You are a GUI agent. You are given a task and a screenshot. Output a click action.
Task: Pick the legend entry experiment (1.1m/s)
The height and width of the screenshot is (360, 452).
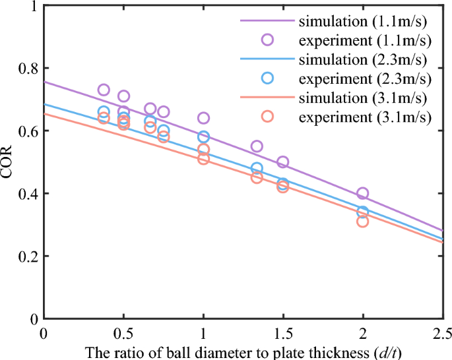[365, 40]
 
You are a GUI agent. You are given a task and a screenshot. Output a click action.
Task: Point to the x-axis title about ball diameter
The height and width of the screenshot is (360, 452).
[242, 352]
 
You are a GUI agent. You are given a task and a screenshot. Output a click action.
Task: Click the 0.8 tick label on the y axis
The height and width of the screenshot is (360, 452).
[27, 69]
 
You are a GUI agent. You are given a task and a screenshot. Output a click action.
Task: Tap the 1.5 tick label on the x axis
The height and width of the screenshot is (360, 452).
[283, 330]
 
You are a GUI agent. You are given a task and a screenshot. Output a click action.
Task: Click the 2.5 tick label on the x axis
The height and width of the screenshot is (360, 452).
[443, 330]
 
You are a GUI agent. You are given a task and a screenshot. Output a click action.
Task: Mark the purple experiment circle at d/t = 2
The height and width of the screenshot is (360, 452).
[362, 193]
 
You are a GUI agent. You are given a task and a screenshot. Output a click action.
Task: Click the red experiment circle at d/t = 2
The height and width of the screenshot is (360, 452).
[362, 222]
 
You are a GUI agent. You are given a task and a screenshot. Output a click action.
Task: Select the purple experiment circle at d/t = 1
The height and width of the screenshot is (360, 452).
[203, 118]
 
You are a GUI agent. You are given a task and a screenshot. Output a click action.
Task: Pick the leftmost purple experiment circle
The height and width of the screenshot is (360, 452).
[104, 90]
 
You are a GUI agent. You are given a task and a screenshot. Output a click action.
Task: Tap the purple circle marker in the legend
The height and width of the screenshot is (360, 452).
[267, 40]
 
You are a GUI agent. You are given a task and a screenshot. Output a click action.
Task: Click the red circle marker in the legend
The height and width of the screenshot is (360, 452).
[267, 117]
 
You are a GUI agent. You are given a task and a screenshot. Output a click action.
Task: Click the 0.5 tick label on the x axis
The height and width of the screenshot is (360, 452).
[123, 330]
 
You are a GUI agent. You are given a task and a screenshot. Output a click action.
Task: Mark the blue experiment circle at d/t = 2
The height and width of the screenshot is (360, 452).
[362, 212]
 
